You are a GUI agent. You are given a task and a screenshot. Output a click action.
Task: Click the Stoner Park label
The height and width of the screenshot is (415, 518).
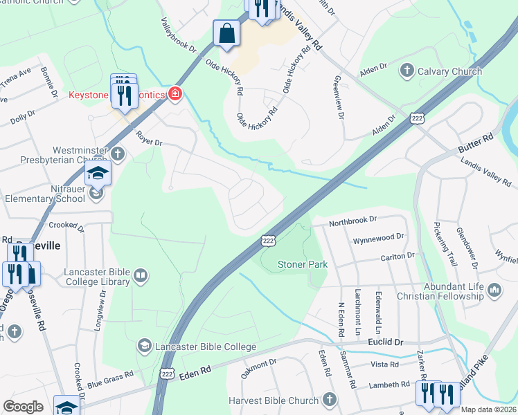tap(303, 264)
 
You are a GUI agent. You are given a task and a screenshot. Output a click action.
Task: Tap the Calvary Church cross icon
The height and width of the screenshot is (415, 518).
tap(407, 71)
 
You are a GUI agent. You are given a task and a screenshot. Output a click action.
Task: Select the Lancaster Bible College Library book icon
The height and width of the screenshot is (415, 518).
tap(141, 277)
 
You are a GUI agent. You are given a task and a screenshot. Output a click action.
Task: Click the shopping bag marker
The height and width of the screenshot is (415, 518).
tap(227, 33)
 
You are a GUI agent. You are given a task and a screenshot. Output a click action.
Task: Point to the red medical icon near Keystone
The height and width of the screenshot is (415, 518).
tap(174, 94)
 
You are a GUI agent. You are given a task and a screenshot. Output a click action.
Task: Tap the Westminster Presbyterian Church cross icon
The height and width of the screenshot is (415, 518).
tap(118, 153)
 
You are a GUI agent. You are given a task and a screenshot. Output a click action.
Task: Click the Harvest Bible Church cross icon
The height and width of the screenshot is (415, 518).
tap(329, 400)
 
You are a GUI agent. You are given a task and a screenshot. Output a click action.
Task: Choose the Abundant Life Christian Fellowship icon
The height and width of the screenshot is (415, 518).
tap(494, 290)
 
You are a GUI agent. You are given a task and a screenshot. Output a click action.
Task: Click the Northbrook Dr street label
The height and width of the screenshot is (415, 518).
tap(352, 220)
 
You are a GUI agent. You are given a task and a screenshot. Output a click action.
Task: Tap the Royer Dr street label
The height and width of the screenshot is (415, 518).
tap(148, 138)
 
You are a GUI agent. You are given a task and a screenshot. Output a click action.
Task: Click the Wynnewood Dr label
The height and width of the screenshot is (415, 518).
tap(378, 237)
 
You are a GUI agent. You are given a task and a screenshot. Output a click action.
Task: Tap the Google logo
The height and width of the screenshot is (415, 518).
tap(23, 407)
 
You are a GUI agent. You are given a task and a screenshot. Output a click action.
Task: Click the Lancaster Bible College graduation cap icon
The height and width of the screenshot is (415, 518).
tap(145, 345)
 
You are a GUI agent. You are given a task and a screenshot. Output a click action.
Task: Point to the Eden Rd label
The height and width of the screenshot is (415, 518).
tap(195, 372)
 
